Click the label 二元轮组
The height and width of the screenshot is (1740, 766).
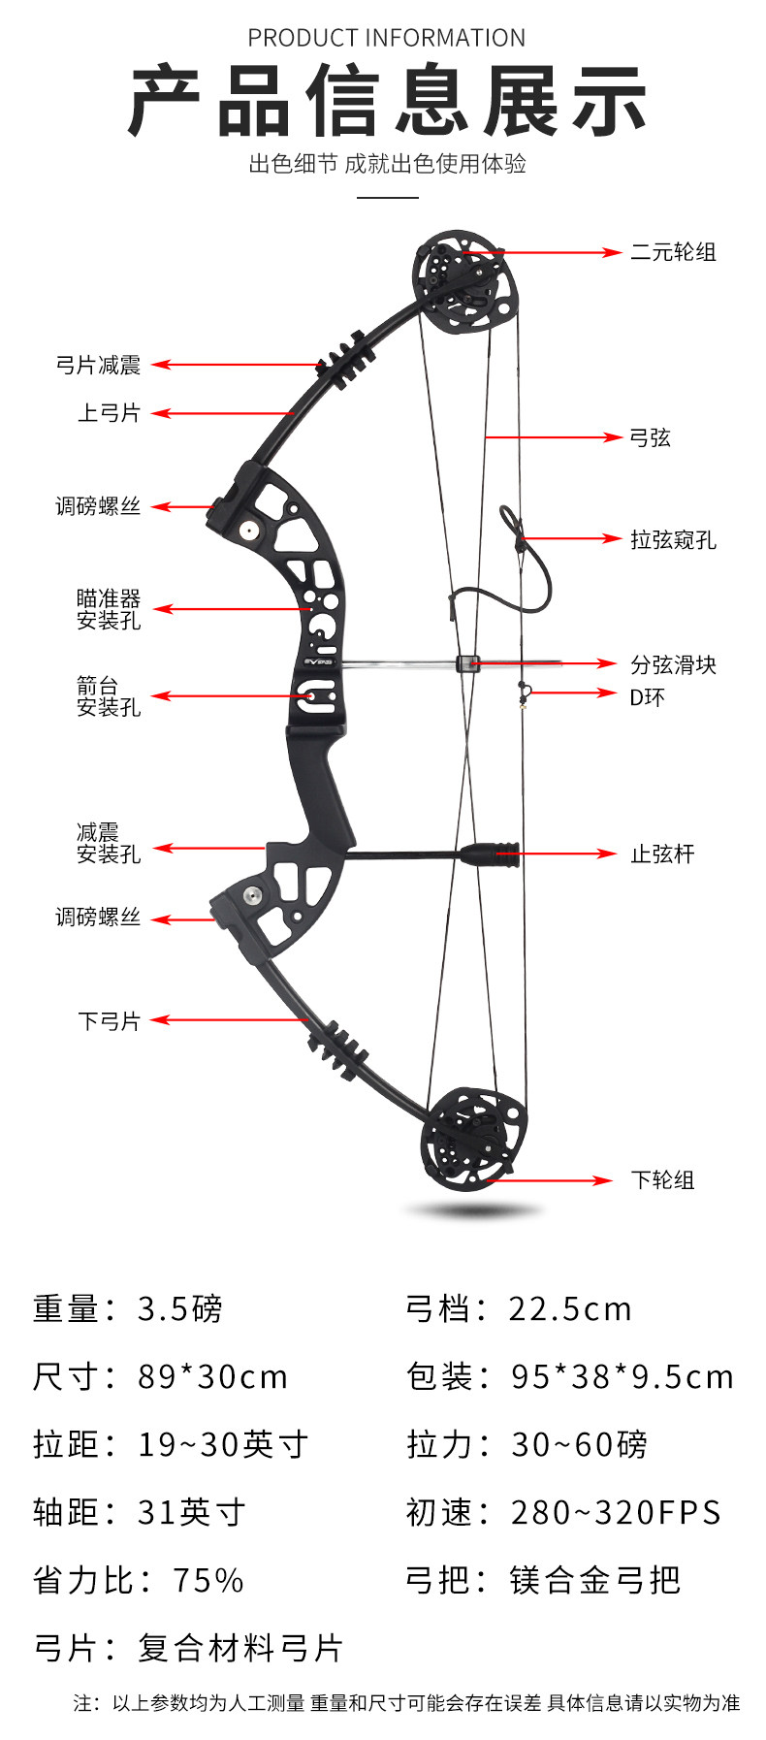point(673,252)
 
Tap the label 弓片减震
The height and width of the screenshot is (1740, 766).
point(98,366)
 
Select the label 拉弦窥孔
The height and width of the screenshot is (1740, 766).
point(673,540)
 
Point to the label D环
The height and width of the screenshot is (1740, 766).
point(647,697)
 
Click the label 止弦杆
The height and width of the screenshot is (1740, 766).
point(662,854)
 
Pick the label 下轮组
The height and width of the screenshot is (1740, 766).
point(662,1180)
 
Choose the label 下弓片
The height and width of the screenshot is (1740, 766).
point(109,1021)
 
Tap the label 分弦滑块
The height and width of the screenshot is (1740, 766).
point(673,664)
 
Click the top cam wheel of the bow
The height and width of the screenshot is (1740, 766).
point(463,280)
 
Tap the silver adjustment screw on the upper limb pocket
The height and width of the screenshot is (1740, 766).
point(250,530)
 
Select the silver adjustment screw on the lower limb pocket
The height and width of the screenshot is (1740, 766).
point(252,894)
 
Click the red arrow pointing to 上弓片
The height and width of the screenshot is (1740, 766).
point(223,413)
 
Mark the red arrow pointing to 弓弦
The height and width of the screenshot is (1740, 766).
point(553,437)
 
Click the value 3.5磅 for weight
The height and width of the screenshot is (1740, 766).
point(179,1309)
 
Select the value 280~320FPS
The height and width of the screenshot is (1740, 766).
point(616,1513)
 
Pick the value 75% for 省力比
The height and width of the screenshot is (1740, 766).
point(207,1581)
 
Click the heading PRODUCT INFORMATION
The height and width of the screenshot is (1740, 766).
point(386,38)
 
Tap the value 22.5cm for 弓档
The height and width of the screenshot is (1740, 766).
point(570,1309)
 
